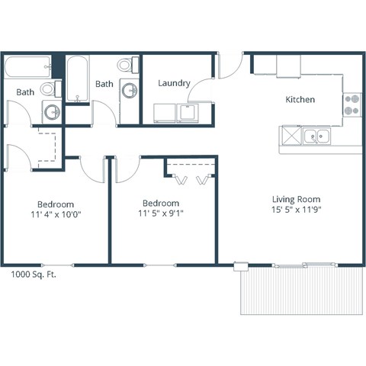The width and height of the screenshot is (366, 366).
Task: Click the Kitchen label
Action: tap(300, 100)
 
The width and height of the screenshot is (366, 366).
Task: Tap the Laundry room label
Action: tap(174, 83)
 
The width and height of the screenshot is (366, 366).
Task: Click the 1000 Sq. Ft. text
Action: tap(34, 274)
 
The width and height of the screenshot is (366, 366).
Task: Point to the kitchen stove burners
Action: tap(351, 104)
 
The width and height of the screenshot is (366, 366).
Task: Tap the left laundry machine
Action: tap(164, 113)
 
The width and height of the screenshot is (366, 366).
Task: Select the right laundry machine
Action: tap(187, 113)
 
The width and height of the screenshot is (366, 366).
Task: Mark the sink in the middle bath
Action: tap(130, 91)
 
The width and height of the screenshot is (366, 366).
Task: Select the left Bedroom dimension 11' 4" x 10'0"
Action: tap(55, 214)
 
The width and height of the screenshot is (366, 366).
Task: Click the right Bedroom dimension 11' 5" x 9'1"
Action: tap(162, 213)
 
